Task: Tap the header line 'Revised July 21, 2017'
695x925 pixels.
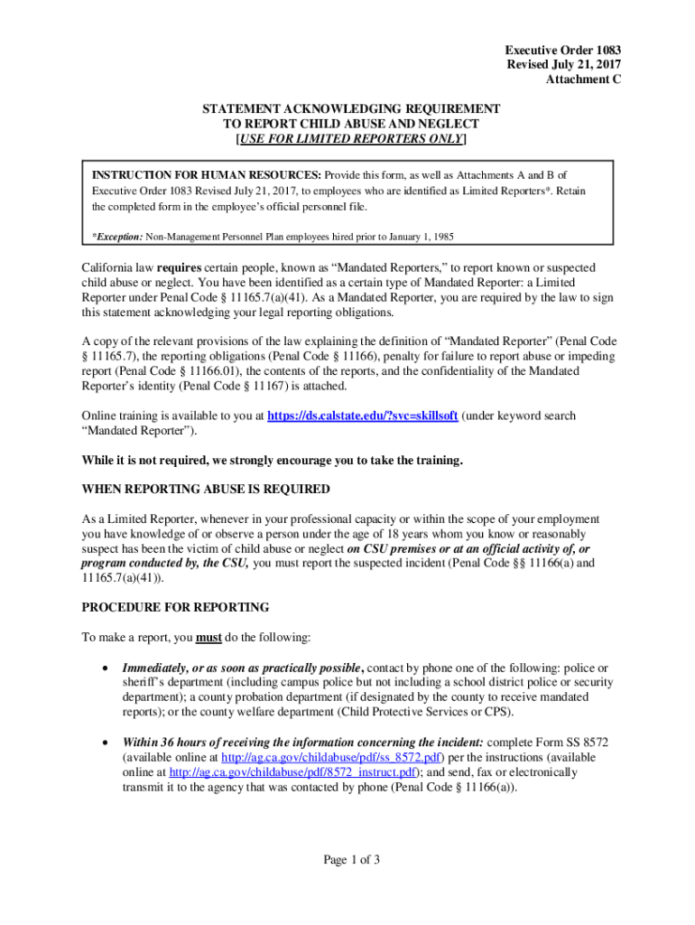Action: tap(563, 64)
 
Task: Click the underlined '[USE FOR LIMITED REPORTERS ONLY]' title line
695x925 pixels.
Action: tap(351, 139)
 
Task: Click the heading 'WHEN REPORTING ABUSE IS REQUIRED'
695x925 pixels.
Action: tap(206, 489)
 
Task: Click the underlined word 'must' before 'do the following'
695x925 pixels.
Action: tap(209, 637)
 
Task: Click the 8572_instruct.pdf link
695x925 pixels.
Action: tap(292, 772)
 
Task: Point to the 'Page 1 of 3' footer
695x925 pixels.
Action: tap(351, 860)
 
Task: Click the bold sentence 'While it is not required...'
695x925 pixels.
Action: tap(272, 460)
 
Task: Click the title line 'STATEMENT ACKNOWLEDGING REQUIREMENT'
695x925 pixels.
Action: tap(351, 108)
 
